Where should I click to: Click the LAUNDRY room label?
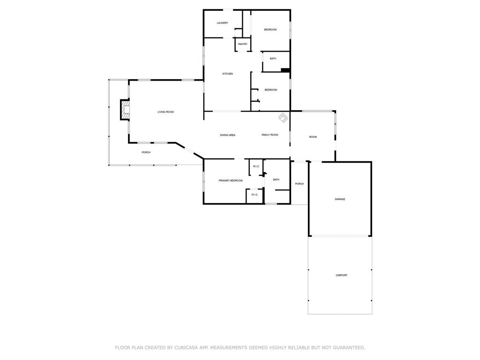(222, 23)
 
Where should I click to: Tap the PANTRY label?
(242, 44)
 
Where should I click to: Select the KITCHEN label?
(227, 74)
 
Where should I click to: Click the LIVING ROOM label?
(165, 112)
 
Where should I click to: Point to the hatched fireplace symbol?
(125, 111)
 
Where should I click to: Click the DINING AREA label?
(227, 135)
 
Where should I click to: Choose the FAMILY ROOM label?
(270, 135)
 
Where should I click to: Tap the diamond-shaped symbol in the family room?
(283, 117)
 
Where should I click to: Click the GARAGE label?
(340, 199)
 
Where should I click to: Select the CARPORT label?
(341, 275)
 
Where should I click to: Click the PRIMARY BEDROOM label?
(230, 180)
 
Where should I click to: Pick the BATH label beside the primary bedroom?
(276, 180)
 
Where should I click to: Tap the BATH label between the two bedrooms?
(273, 59)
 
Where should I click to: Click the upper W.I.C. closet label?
(256, 166)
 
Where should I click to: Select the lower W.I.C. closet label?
(255, 195)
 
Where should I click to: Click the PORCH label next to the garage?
(299, 184)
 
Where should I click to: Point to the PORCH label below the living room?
(146, 152)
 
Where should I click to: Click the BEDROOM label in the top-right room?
(270, 30)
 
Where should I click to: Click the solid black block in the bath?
(285, 70)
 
